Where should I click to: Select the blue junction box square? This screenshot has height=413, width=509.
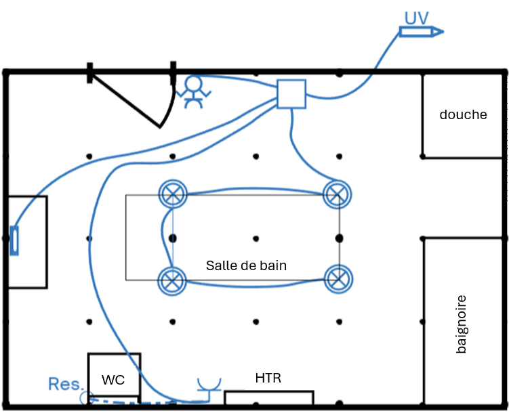tap(292, 93)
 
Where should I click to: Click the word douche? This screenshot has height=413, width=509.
tap(463, 114)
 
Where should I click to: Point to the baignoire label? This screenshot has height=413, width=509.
tap(462, 324)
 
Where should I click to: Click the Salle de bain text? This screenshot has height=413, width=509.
tap(246, 265)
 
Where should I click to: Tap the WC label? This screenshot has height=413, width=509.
tap(113, 380)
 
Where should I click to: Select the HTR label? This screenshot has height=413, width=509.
tap(268, 377)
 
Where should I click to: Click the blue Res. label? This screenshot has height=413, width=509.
tap(65, 384)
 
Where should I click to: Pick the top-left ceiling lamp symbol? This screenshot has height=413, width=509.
tap(172, 194)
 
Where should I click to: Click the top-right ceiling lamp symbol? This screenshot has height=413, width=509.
tap(337, 194)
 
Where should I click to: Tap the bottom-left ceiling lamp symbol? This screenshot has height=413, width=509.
tap(172, 280)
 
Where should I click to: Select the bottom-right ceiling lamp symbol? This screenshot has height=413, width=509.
tap(338, 278)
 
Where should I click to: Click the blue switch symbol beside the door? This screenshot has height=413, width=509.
tap(193, 91)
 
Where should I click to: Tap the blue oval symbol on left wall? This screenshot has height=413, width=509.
tap(14, 240)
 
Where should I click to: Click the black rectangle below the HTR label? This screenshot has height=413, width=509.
tap(269, 397)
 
